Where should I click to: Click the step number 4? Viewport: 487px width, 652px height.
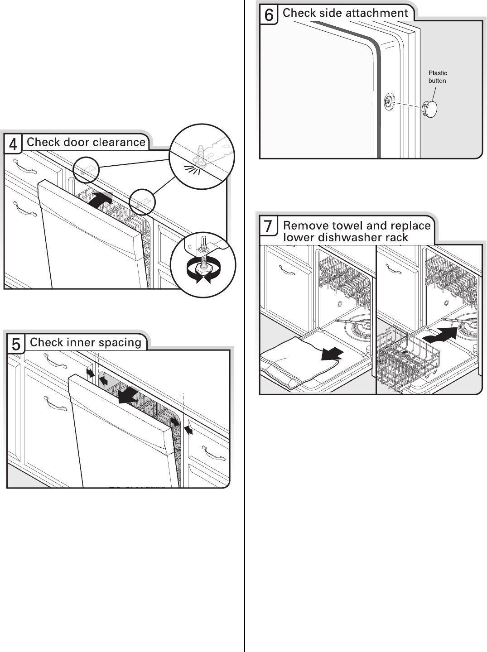[13, 144]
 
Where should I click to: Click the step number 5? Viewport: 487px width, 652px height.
[16, 345]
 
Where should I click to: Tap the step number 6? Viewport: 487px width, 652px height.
[269, 15]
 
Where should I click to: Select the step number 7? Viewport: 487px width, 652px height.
[269, 226]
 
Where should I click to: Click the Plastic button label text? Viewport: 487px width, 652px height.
[438, 77]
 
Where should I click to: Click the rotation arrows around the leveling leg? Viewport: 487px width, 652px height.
[203, 273]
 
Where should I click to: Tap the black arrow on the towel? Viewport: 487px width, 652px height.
[332, 354]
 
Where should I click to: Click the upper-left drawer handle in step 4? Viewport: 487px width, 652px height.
[24, 165]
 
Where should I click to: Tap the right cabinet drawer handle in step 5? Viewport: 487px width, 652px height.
[213, 453]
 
